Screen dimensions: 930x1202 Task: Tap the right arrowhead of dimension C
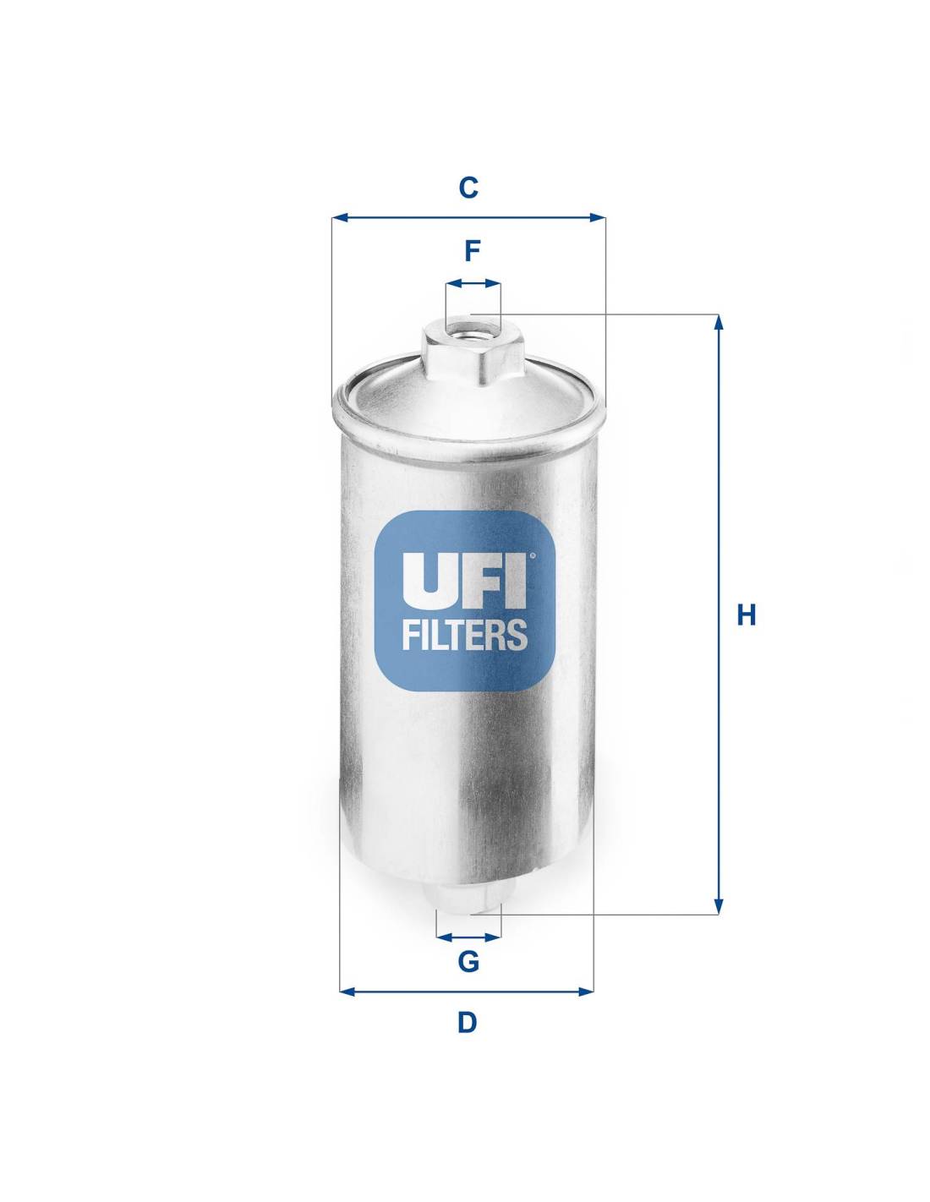(598, 217)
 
